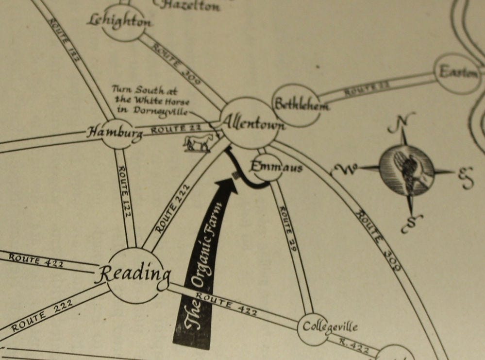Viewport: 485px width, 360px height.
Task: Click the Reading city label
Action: (133, 275)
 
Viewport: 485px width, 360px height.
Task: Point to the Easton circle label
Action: (458, 73)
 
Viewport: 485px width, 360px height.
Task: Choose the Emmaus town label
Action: (276, 168)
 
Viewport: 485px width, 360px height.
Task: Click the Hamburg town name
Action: (115, 132)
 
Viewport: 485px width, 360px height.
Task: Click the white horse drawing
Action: (198, 143)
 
